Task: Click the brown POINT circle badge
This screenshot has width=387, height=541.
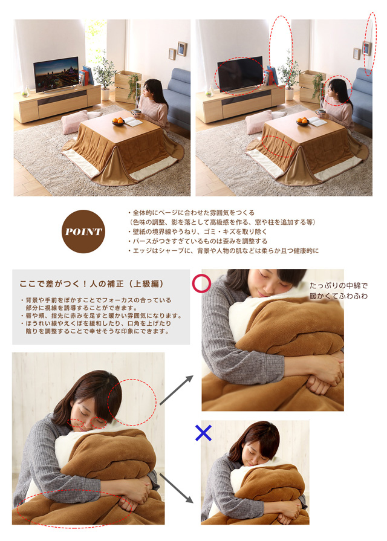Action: (83, 232)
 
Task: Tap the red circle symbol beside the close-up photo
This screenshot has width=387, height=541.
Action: (201, 283)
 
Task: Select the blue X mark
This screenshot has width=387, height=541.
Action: (203, 433)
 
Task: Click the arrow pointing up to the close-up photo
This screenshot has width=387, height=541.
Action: (176, 390)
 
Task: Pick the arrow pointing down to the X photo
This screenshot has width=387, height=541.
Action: (176, 488)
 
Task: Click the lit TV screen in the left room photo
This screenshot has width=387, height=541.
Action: (56, 74)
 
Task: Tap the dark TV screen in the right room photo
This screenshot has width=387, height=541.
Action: (240, 74)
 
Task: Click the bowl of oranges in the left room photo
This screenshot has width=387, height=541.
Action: (118, 121)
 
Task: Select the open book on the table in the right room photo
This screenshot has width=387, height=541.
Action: (317, 121)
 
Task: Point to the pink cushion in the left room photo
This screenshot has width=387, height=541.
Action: (74, 121)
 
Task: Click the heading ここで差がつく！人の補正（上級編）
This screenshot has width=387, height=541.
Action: (91, 283)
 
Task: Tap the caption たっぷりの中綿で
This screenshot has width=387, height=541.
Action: (339, 285)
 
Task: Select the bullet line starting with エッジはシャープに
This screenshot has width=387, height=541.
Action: (223, 251)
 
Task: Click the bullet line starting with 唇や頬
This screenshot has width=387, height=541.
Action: (101, 316)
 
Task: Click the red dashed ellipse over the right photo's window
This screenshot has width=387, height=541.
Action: (281, 52)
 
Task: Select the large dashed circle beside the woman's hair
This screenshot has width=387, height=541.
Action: (132, 403)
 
